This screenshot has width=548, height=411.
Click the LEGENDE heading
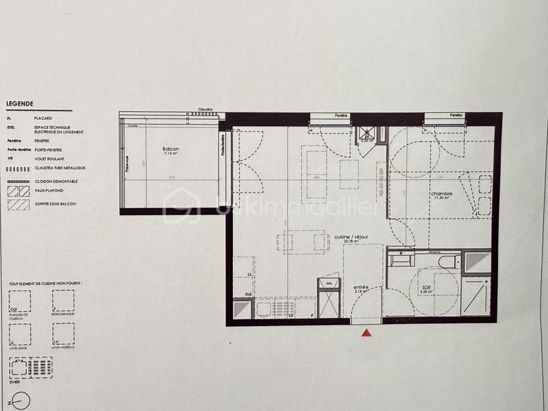20,104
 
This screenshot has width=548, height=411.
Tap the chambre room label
441,195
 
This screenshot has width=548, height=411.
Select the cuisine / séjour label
351,237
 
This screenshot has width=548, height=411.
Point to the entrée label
360,288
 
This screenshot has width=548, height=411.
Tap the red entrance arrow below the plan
366,334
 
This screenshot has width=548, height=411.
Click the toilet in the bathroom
449,261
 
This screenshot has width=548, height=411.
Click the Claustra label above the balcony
204,109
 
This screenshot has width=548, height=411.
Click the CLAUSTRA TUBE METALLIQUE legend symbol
18,168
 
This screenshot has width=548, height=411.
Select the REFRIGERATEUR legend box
63,301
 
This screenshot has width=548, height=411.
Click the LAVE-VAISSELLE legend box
63,334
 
